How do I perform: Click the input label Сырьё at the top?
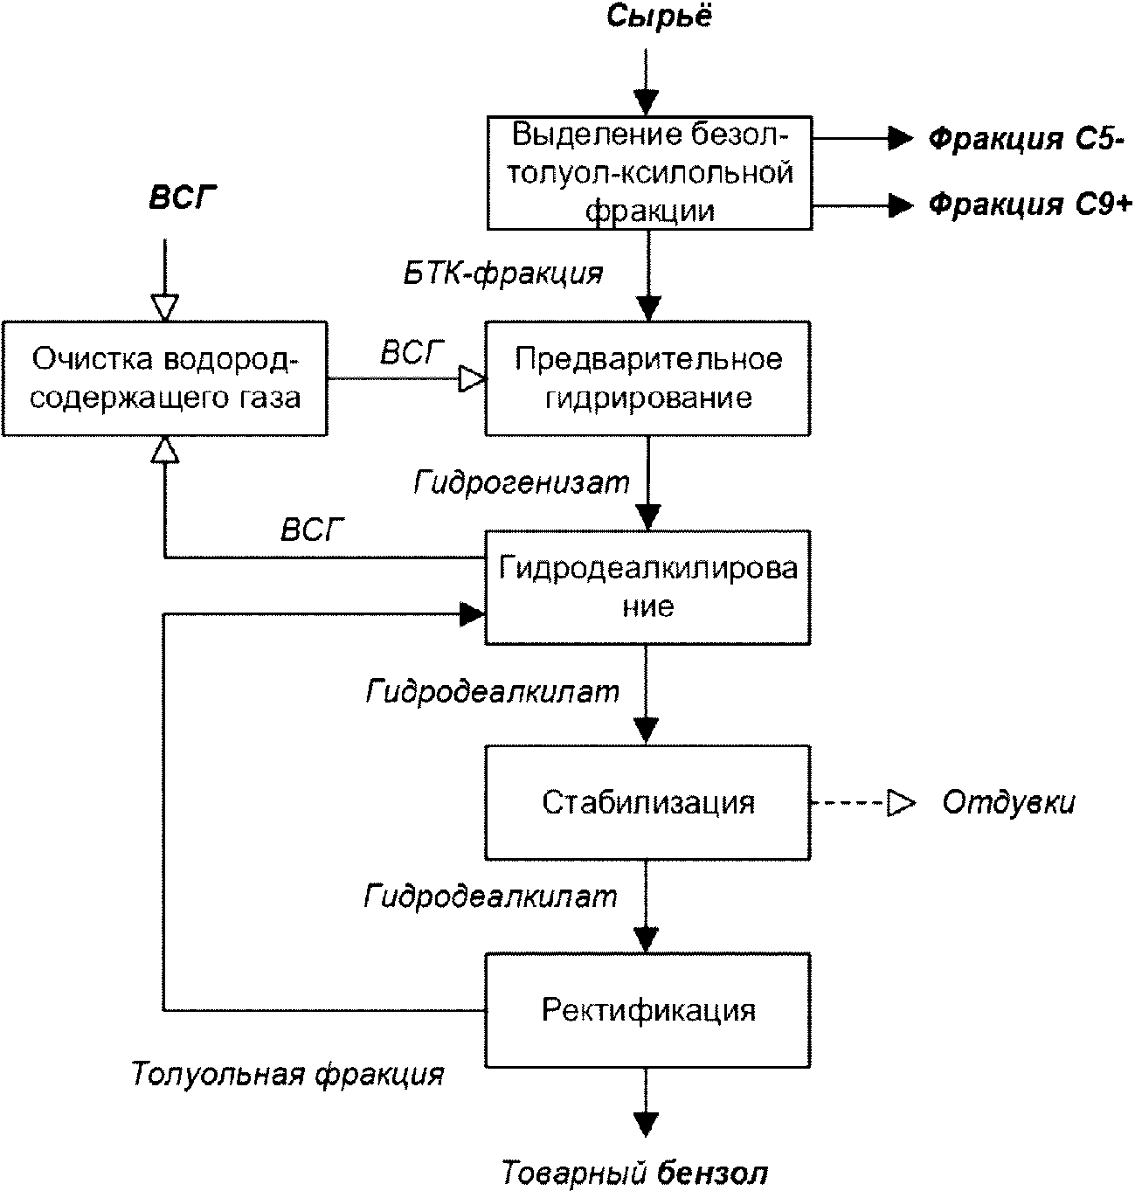tap(660, 17)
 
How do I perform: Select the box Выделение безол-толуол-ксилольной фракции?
tap(649, 173)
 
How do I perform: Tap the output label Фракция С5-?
tap(1027, 139)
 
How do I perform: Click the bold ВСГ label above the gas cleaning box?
tap(183, 197)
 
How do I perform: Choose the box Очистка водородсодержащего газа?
tap(165, 378)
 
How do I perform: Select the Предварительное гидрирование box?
tap(647, 378)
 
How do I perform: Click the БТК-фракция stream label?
tap(503, 274)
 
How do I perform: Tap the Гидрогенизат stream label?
tap(521, 483)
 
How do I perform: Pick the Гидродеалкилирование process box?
tap(647, 587)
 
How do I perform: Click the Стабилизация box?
tap(647, 803)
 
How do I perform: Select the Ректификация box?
tap(647, 1010)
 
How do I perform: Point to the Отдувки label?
tap(1009, 803)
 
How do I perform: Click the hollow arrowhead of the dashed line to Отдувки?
tap(900, 803)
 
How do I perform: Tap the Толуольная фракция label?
tap(287, 1075)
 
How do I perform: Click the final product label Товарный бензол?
tap(635, 1173)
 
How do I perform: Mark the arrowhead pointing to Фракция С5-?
tap(901, 139)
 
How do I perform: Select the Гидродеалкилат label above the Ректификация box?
tap(491, 897)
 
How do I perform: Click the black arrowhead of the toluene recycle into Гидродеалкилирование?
tap(472, 614)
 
